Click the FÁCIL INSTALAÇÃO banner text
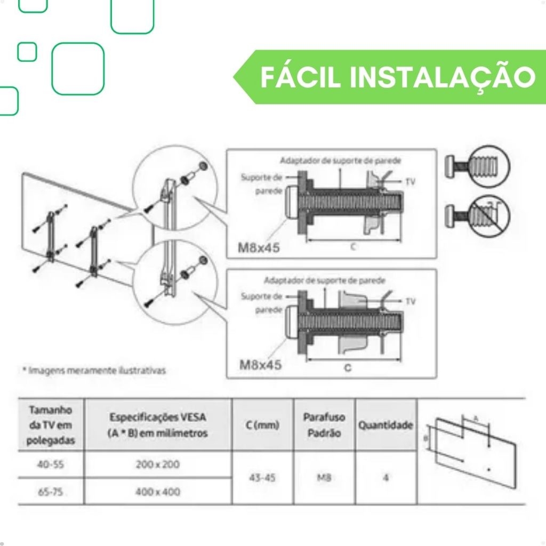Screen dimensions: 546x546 coord(398,77)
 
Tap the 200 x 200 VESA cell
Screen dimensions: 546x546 coord(158,464)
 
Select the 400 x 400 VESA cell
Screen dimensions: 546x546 coord(158,492)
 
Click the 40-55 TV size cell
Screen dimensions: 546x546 coord(51,464)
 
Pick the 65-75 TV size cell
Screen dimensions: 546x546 coord(51,492)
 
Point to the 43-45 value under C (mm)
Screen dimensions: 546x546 coord(262,478)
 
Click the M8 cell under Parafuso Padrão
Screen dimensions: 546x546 coord(324,478)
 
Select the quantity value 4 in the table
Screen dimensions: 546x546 coord(386,478)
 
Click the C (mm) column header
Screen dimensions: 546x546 coord(262,425)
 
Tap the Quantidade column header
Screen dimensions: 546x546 coord(386,425)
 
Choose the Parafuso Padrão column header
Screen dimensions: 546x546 coord(324,425)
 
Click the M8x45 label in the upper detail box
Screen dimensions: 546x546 coord(259,247)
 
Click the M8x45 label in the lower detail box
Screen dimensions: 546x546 coord(260,365)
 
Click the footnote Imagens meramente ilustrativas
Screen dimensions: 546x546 coord(94,370)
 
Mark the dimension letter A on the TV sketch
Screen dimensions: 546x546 coord(476,419)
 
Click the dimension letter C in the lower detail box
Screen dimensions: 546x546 coord(348,368)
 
